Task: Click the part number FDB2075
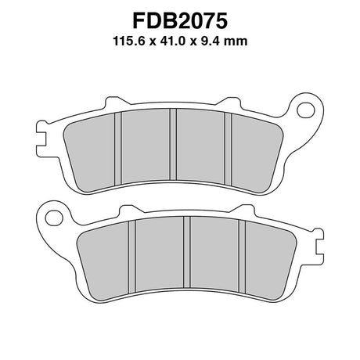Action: (180, 21)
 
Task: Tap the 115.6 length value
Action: (131, 41)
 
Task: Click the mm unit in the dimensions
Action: (236, 42)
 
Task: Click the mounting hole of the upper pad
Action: (306, 110)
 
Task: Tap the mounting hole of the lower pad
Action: (54, 218)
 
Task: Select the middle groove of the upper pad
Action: (173, 144)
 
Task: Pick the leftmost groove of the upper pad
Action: (118, 148)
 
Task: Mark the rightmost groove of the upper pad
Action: (229, 149)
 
